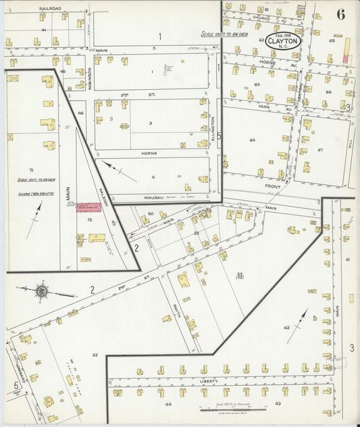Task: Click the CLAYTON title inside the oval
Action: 282,41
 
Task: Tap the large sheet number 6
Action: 340,16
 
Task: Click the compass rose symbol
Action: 42,291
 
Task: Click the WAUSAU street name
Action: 155,197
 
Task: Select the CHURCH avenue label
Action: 261,18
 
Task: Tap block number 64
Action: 252,140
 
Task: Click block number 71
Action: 31,170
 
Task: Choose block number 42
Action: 286,327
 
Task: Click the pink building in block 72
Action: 88,207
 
